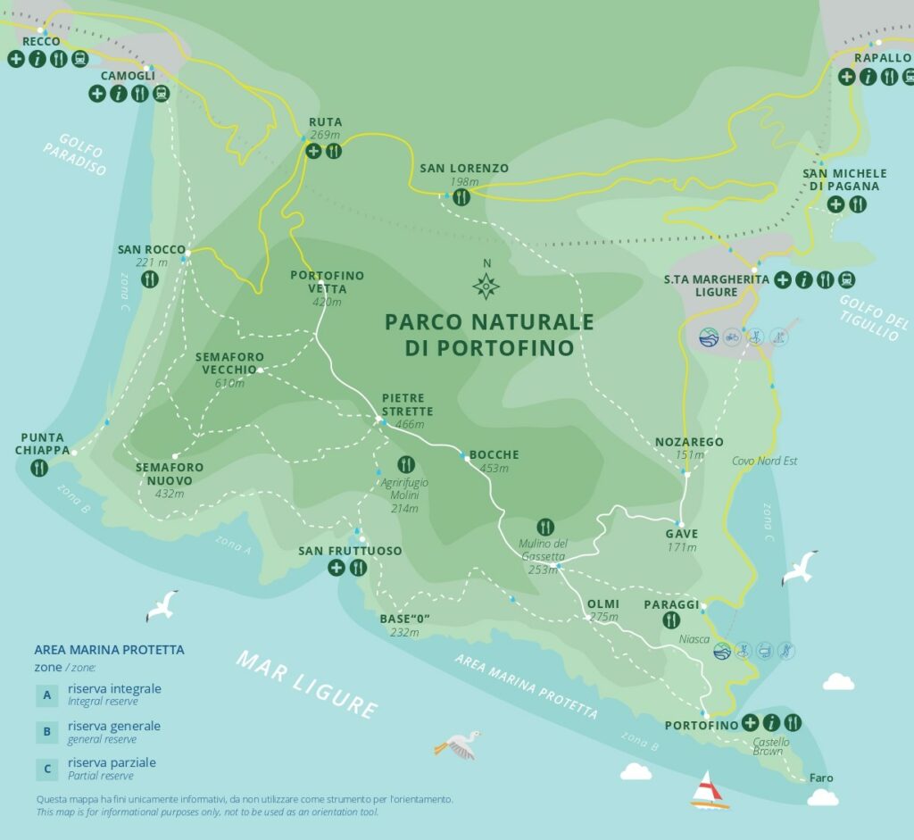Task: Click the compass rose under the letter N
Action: (x=486, y=286)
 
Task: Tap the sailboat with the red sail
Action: (x=709, y=790)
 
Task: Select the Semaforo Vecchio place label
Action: (x=230, y=363)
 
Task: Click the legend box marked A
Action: (x=46, y=694)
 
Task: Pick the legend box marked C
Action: (x=46, y=769)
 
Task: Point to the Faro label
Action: (x=820, y=778)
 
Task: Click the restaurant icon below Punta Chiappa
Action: (x=39, y=469)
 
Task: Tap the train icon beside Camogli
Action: (x=161, y=93)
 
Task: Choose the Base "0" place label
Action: (x=399, y=620)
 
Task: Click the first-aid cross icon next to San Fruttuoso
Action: (x=337, y=568)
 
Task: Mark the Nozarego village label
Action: (x=688, y=442)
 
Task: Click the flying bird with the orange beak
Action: (x=458, y=744)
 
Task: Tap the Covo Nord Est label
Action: (x=764, y=461)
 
